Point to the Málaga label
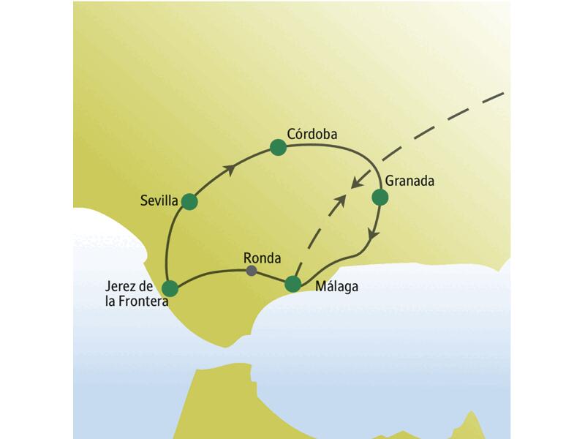click(336, 287)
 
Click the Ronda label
click(260, 258)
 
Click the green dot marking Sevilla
click(189, 201)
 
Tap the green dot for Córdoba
click(278, 148)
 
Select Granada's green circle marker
click(380, 198)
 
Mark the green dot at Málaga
click(292, 284)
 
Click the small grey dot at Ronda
click(252, 271)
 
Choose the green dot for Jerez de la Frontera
click(171, 288)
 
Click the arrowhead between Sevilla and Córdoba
click(230, 170)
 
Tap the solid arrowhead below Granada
click(374, 235)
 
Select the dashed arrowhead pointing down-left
click(356, 182)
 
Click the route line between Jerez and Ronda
click(212, 273)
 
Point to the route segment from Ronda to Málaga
click(272, 277)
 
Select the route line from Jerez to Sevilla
click(170, 241)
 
